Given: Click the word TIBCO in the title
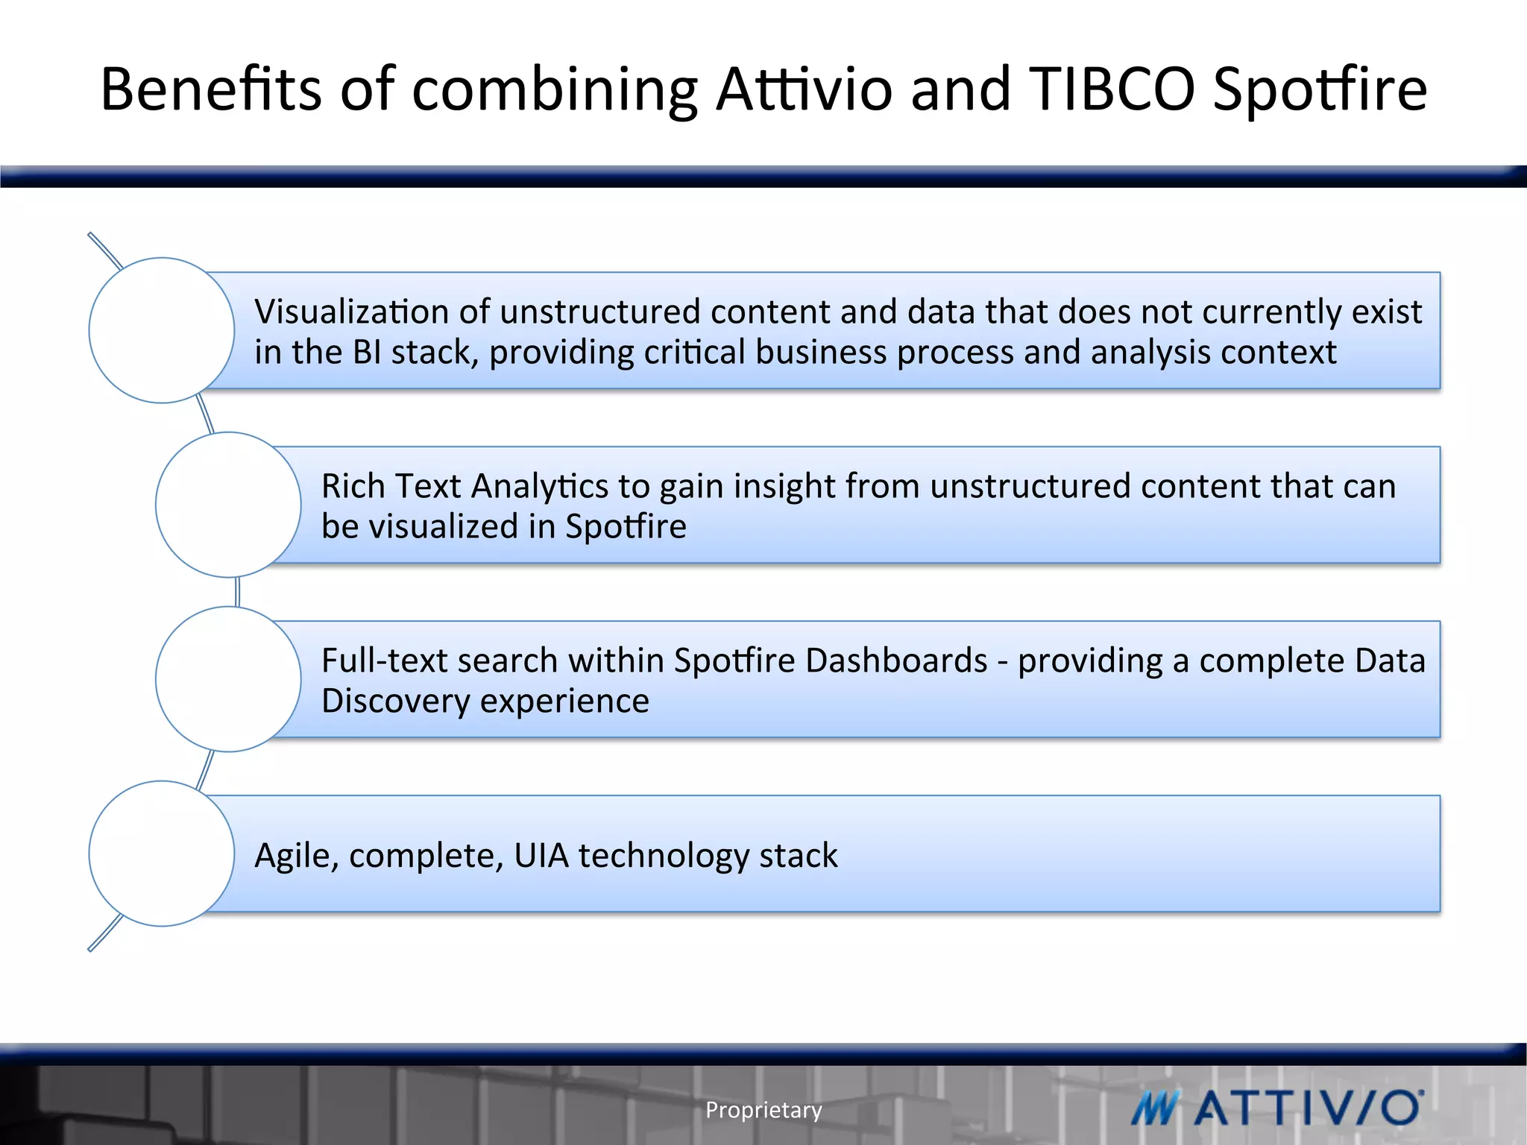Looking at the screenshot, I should pos(1112,89).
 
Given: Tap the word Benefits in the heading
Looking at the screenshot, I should pos(211,89).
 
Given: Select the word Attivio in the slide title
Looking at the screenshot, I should pos(804,89).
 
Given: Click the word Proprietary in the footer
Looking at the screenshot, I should pos(763,1110).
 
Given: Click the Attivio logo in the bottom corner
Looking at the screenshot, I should pos(1276,1108).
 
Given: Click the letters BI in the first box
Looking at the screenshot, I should pos(367,353).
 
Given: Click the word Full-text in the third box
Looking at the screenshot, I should pos(381,660).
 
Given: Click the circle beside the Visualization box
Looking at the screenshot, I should pos(162,330).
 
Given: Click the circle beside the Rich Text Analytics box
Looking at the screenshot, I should pos(228,505).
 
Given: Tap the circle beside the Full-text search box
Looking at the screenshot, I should pos(228,679).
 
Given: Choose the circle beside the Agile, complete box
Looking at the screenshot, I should pos(162,854).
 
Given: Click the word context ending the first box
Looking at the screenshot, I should pos(1279,353).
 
